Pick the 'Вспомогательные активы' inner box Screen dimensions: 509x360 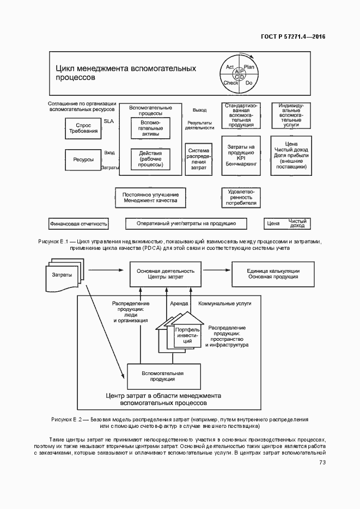pyautogui.click(x=150, y=129)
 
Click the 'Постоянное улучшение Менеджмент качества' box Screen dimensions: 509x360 pyautogui.click(x=150, y=198)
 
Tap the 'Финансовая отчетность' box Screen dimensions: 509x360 pyautogui.click(x=78, y=223)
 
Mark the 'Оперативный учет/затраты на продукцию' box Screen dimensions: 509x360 pyautogui.click(x=186, y=223)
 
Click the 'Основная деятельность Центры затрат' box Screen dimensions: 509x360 pyautogui.click(x=166, y=274)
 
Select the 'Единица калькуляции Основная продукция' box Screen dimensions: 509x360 pyautogui.click(x=273, y=274)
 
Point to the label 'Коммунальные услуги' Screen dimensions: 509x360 pyautogui.click(x=221, y=303)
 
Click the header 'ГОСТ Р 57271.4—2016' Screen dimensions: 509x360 pyautogui.click(x=294, y=37)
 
